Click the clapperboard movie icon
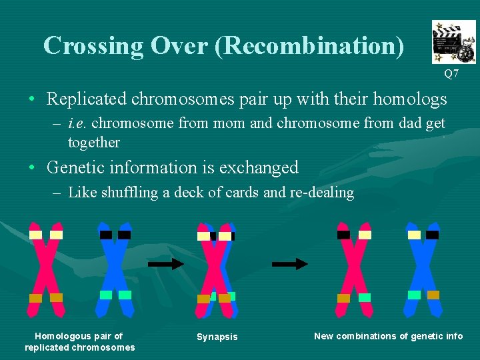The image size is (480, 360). tap(453, 41)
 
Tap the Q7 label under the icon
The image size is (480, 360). tap(451, 74)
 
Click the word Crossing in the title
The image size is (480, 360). tap(93, 45)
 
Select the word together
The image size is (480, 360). tap(94, 142)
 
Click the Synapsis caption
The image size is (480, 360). tap(217, 337)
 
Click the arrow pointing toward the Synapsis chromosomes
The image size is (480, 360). tap(165, 264)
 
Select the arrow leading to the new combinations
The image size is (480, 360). tap(290, 264)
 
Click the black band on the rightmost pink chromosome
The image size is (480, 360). tap(343, 235)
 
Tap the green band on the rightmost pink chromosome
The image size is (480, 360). tap(364, 297)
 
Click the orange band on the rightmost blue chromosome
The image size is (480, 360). tap(433, 295)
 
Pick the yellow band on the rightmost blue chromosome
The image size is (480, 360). tap(414, 235)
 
